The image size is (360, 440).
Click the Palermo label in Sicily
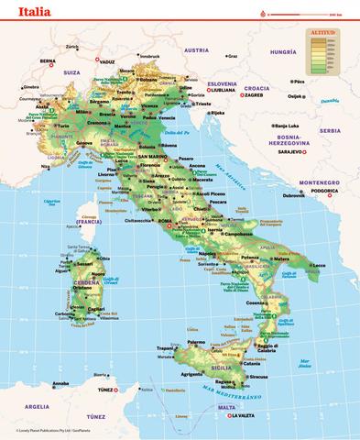[x=182, y=335]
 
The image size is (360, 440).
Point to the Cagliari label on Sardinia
[x=96, y=309]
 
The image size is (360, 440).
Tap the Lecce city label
[x=318, y=265]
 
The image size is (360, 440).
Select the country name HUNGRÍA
[x=284, y=53]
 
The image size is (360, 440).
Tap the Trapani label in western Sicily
[x=164, y=347]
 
